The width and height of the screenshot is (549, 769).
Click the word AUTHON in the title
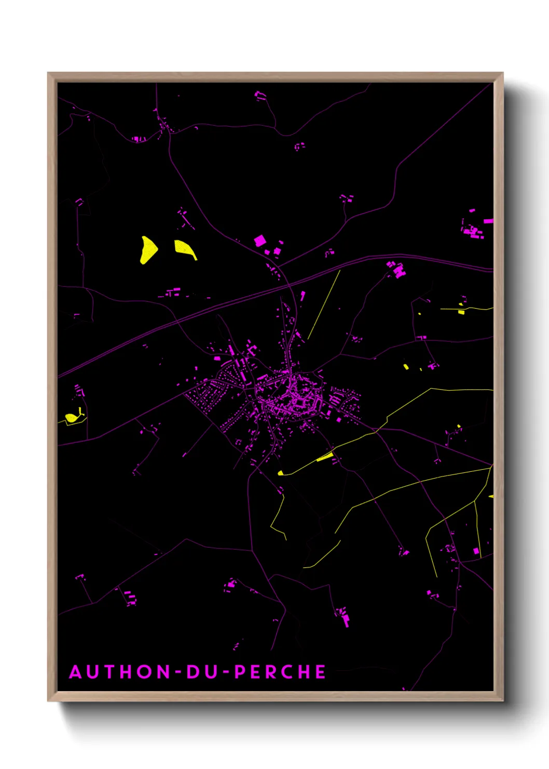pyautogui.click(x=120, y=672)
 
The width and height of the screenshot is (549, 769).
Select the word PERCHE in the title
pyautogui.click(x=280, y=672)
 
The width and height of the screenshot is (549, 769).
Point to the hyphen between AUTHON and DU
pyautogui.click(x=178, y=672)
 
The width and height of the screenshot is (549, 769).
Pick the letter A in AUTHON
pyautogui.click(x=76, y=672)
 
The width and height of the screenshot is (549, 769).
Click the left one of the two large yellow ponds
pyautogui.click(x=148, y=250)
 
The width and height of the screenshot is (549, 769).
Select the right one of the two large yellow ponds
pyautogui.click(x=185, y=248)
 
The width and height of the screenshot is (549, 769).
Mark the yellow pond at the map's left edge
pyautogui.click(x=71, y=417)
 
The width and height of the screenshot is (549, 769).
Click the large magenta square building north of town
pyautogui.click(x=259, y=241)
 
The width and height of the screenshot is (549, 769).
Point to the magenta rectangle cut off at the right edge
pyautogui.click(x=488, y=221)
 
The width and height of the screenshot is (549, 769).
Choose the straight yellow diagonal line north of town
pyautogui.click(x=324, y=304)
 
